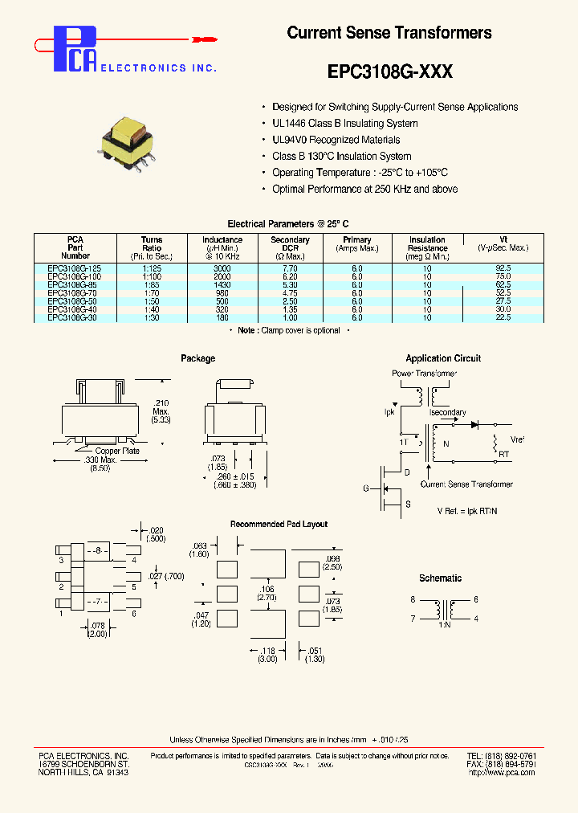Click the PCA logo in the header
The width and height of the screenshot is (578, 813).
(77, 48)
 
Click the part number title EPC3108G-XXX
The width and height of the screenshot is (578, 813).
(390, 71)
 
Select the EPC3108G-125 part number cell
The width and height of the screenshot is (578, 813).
(75, 268)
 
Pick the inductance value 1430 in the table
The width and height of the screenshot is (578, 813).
(222, 284)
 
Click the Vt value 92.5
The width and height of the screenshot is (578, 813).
(503, 268)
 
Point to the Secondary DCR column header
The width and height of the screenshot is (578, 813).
(290, 247)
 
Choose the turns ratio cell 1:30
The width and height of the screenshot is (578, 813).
(151, 318)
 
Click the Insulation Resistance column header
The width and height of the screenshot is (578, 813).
(427, 247)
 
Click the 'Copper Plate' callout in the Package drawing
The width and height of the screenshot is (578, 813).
(117, 451)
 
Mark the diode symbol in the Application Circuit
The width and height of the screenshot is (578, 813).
(474, 423)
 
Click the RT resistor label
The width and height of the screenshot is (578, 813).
(504, 455)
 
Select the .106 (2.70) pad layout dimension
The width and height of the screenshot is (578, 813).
(267, 594)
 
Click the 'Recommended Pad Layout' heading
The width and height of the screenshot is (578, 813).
(279, 525)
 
